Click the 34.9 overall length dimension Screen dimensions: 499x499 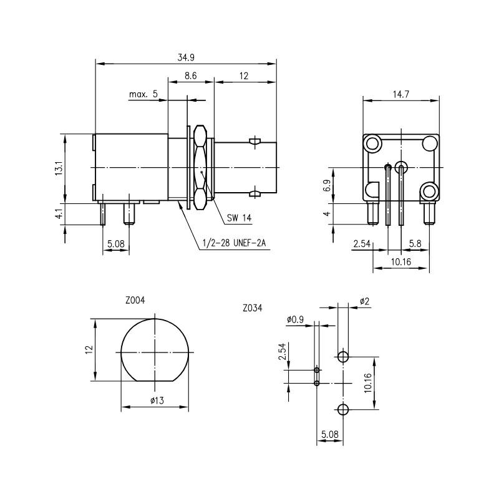(185, 57)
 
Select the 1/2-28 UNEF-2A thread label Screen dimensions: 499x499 (234, 244)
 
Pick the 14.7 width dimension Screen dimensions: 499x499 (400, 94)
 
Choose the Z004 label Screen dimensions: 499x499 (135, 300)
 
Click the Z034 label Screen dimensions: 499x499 (253, 308)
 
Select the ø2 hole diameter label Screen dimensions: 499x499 (365, 301)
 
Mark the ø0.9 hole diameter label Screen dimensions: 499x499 (296, 319)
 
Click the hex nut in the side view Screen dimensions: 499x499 (200, 167)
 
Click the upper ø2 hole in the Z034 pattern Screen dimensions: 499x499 (342, 357)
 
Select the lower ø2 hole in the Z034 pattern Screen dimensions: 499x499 (342, 409)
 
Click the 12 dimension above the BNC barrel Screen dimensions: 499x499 (244, 75)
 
